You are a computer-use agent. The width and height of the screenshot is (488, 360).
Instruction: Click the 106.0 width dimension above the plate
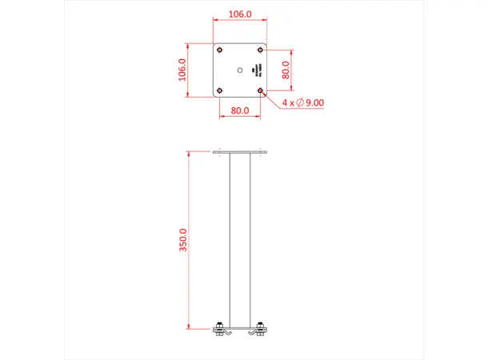[x=240, y=14]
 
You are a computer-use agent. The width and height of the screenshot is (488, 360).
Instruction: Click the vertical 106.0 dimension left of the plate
[x=182, y=70]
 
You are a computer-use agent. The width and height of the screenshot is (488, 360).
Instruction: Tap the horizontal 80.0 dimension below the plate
[x=240, y=111]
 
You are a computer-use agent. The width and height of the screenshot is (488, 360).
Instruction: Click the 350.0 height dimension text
[x=182, y=240]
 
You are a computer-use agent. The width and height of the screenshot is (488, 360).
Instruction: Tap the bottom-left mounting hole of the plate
[x=219, y=90]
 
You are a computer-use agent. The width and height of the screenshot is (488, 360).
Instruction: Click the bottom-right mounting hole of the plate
[x=261, y=90]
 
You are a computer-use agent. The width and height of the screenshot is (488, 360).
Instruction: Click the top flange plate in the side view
[x=240, y=152]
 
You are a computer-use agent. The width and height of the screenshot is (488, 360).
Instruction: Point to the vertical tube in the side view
[x=240, y=240]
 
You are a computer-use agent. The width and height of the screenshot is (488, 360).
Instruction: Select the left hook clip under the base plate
[x=226, y=332]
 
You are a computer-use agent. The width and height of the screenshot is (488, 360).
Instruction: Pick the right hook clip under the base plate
[x=254, y=332]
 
